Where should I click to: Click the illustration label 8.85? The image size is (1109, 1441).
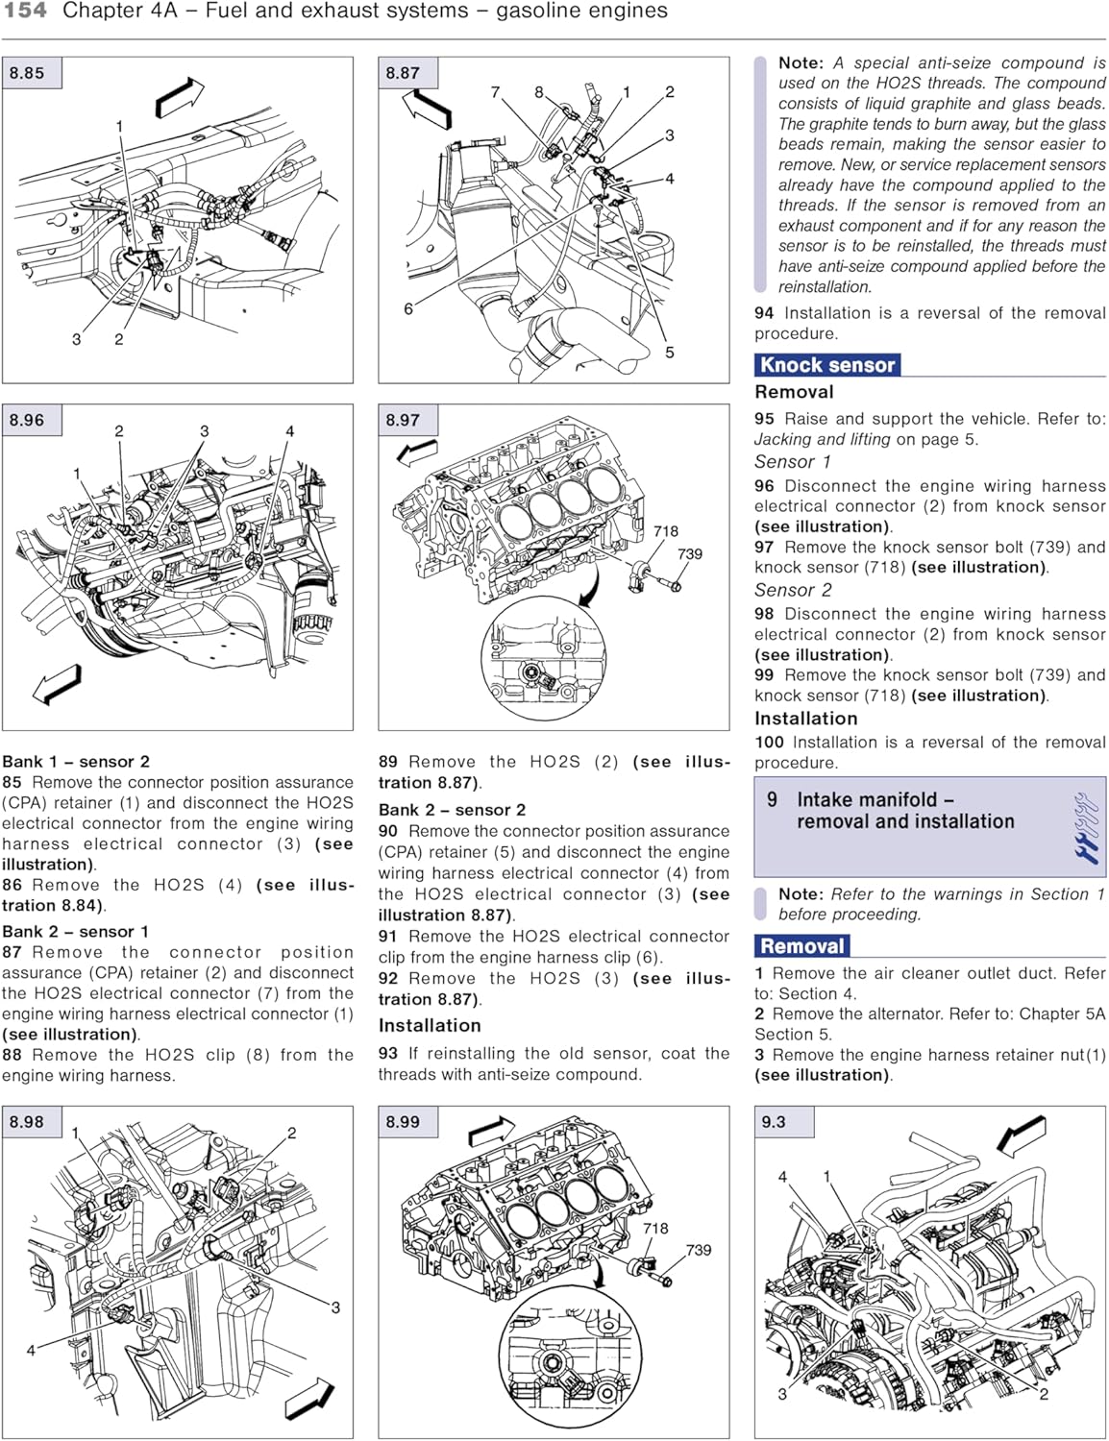pos(27,73)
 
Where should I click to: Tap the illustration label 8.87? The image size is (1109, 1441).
pos(403,73)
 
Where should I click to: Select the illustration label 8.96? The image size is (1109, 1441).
pos(27,420)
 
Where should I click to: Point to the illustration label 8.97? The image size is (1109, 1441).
pos(403,420)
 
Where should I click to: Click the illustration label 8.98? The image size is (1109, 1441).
pos(27,1122)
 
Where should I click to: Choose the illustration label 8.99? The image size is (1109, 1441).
pos(403,1122)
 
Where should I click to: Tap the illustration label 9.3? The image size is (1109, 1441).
pos(774,1122)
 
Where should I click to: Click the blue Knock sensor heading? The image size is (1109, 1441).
pos(827,365)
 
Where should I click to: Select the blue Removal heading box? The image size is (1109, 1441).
pos(802,946)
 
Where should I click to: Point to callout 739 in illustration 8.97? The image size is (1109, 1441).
pos(690,554)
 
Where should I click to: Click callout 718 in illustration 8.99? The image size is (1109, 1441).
pos(655,1229)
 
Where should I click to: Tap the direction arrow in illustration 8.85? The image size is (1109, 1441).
pos(180,96)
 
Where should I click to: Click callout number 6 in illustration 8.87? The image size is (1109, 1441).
pos(408,308)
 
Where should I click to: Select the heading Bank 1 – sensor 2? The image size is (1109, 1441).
pos(76,762)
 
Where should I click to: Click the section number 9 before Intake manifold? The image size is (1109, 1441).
pos(772,800)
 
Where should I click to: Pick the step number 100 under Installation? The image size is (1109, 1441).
pos(769,743)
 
